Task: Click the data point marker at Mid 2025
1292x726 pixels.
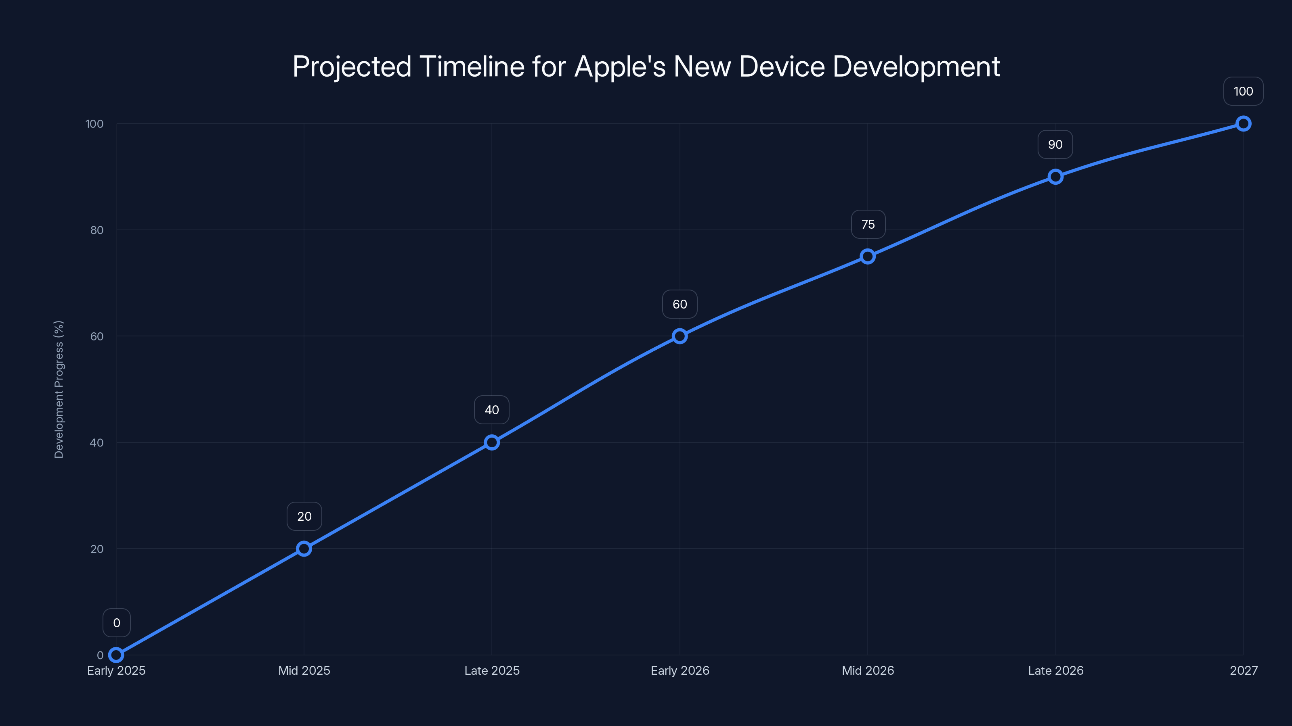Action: (304, 549)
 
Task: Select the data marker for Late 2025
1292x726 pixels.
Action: (491, 442)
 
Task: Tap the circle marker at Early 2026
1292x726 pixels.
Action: (680, 336)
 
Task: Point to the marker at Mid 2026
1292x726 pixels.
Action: (868, 257)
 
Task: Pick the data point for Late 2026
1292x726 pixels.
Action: (1055, 177)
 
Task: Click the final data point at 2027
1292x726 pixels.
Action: (1243, 124)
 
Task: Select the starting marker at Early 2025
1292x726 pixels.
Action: (116, 655)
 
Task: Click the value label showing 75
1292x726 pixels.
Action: (868, 225)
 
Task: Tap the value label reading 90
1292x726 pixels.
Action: (1055, 145)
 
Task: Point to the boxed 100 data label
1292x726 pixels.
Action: (1243, 92)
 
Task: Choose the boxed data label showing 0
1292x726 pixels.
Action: (116, 623)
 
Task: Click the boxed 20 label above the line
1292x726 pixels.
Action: (304, 517)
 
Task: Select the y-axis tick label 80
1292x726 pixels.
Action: (97, 230)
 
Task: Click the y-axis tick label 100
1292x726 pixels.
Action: (94, 124)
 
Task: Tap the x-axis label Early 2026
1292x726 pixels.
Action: (680, 671)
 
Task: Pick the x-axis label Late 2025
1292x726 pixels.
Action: (491, 671)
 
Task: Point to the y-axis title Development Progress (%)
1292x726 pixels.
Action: (59, 389)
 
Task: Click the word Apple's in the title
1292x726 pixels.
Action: (619, 67)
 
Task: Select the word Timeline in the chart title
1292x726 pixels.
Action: (472, 67)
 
